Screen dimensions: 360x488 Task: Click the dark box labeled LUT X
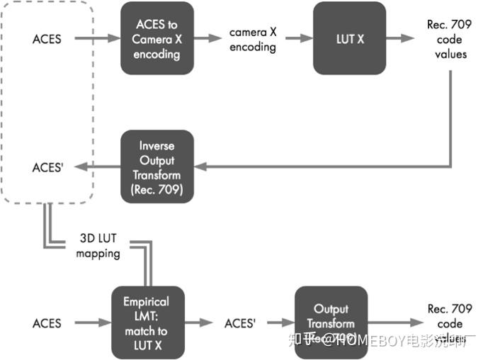click(x=350, y=39)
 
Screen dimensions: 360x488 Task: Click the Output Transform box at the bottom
click(x=331, y=322)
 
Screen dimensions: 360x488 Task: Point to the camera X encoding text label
click(x=252, y=40)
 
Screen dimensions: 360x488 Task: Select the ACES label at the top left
click(x=47, y=39)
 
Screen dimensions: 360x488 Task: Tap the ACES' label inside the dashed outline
click(x=49, y=168)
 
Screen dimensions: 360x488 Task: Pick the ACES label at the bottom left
click(x=47, y=323)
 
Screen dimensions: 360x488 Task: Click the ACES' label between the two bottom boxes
click(x=239, y=323)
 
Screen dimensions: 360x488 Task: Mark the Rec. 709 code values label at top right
click(x=446, y=39)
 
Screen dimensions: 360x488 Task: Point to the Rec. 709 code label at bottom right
click(x=446, y=315)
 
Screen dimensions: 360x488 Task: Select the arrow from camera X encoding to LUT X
click(x=295, y=39)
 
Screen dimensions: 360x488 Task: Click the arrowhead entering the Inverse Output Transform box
click(x=200, y=167)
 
